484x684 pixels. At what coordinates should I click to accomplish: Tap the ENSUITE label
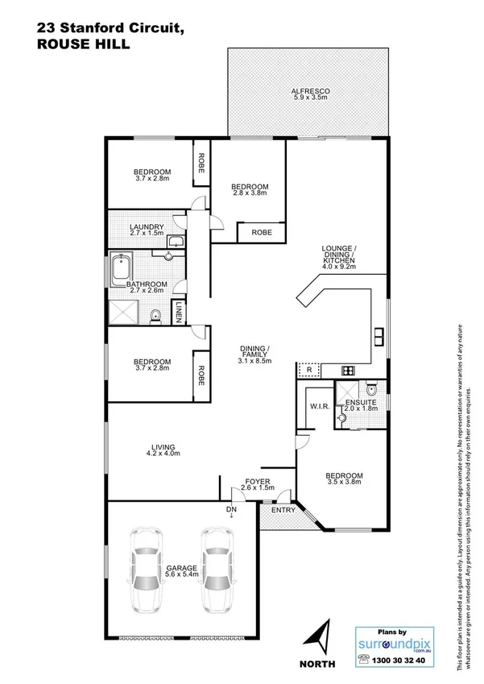click(x=358, y=402)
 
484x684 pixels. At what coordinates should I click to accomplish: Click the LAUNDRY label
click(x=147, y=227)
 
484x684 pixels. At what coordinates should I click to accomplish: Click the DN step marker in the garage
click(x=232, y=510)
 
